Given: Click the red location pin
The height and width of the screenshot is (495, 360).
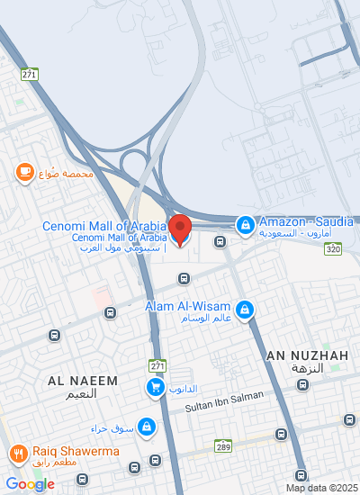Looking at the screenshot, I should coord(180,229).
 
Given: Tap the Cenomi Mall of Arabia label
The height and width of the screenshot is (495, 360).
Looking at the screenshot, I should coord(103,226).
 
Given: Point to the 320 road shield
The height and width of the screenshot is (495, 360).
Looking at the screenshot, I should coord(334,248).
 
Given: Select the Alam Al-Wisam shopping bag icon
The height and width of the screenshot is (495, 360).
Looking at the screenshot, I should coord(246,312).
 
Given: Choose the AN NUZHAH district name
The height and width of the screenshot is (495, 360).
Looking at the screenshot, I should coord(307,356).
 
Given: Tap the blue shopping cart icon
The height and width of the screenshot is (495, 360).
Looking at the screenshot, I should coord(155,387).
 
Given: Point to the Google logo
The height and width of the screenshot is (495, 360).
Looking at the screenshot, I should coord(30,484).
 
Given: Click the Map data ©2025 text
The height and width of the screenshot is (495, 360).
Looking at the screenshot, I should coord(321,488).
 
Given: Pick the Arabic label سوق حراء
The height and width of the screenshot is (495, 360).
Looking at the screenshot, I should coord(111,427).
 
